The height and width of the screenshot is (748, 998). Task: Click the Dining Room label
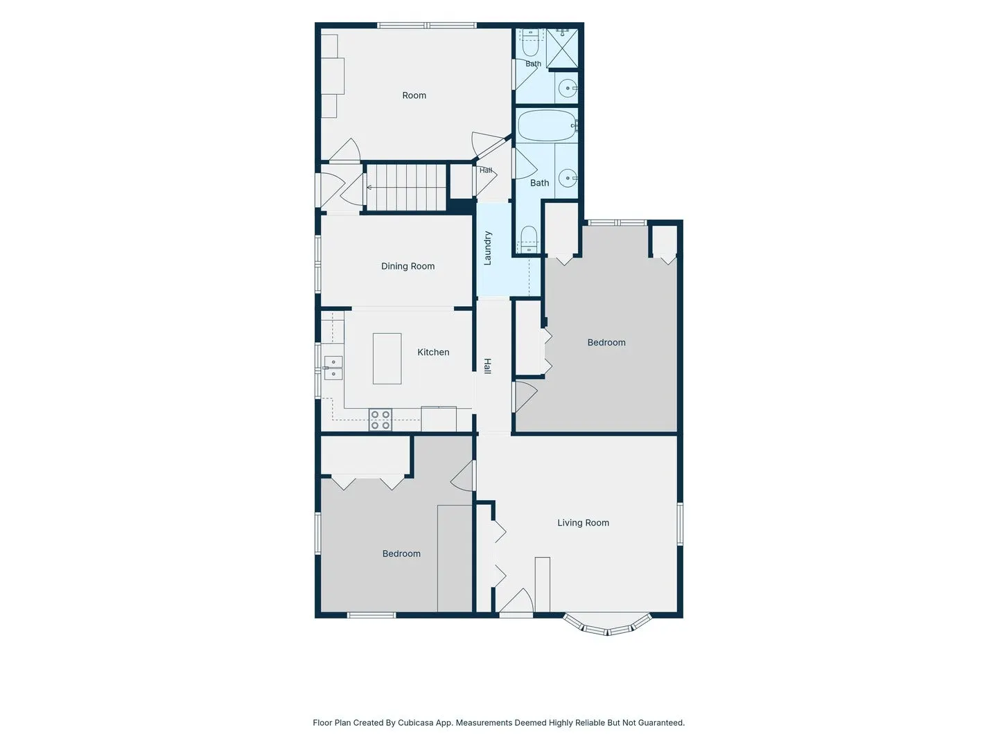[x=408, y=266]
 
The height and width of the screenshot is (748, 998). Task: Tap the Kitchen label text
[x=433, y=352]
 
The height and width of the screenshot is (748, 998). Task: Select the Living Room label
[x=583, y=523]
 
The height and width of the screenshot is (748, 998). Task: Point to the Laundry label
[x=487, y=248]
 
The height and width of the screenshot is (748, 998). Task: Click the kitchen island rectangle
[x=387, y=359]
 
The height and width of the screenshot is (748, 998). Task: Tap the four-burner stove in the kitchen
[x=380, y=420]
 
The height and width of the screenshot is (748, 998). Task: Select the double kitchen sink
[x=333, y=368]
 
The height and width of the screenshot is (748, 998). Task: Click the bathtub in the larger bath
[x=548, y=125]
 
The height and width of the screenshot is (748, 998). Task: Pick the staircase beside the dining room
[x=406, y=188]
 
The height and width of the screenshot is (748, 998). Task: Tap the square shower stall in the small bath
[x=562, y=48]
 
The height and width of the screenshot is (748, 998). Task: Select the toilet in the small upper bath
[x=529, y=42]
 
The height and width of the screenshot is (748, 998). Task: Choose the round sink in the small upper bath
[x=568, y=88]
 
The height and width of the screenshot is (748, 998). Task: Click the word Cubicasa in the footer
[x=416, y=722]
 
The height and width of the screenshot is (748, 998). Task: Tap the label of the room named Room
[x=414, y=96]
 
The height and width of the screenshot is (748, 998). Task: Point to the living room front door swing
[x=516, y=601]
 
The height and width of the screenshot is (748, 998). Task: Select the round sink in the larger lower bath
[x=568, y=179]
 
